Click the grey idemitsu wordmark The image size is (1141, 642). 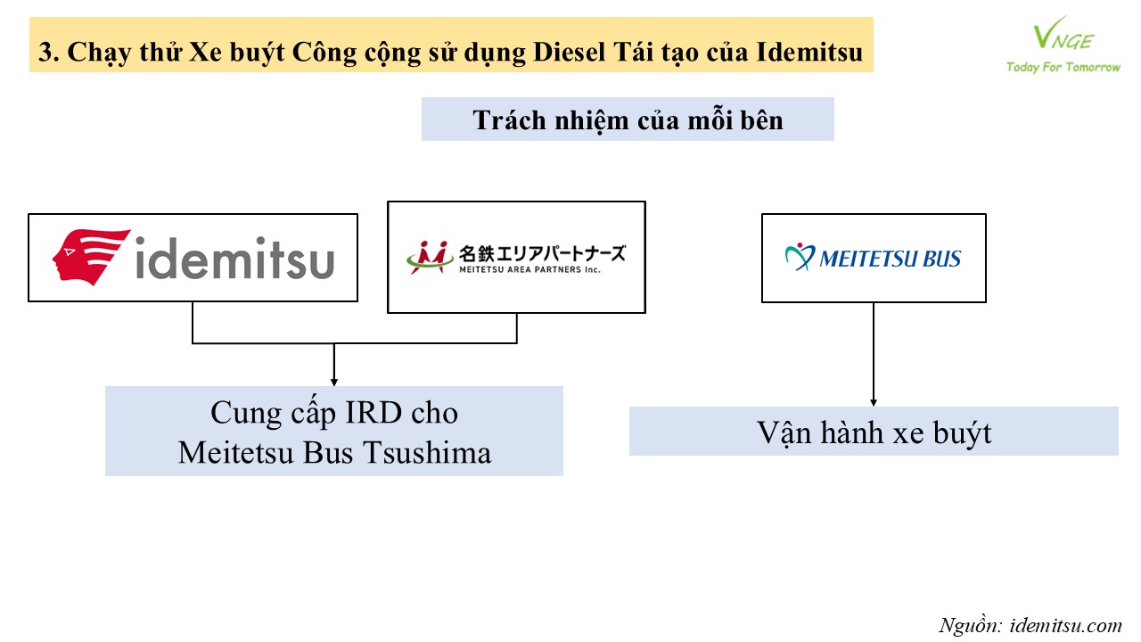[x=234, y=258]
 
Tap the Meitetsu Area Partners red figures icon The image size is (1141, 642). [x=430, y=257]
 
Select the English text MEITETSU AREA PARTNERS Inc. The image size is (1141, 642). [x=529, y=269]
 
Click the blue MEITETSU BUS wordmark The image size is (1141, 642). [x=890, y=259]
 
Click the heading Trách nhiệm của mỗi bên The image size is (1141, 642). [x=628, y=120]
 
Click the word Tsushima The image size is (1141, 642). [x=427, y=452]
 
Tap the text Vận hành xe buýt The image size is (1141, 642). [x=874, y=433]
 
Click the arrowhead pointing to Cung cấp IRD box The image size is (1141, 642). [x=334, y=383]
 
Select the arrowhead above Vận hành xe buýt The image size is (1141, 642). [x=874, y=402]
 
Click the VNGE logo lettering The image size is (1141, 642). [x=1063, y=34]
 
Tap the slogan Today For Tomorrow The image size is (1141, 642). [x=1063, y=67]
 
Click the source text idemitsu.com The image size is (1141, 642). [x=1065, y=625]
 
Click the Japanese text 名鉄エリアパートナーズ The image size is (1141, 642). [x=542, y=253]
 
